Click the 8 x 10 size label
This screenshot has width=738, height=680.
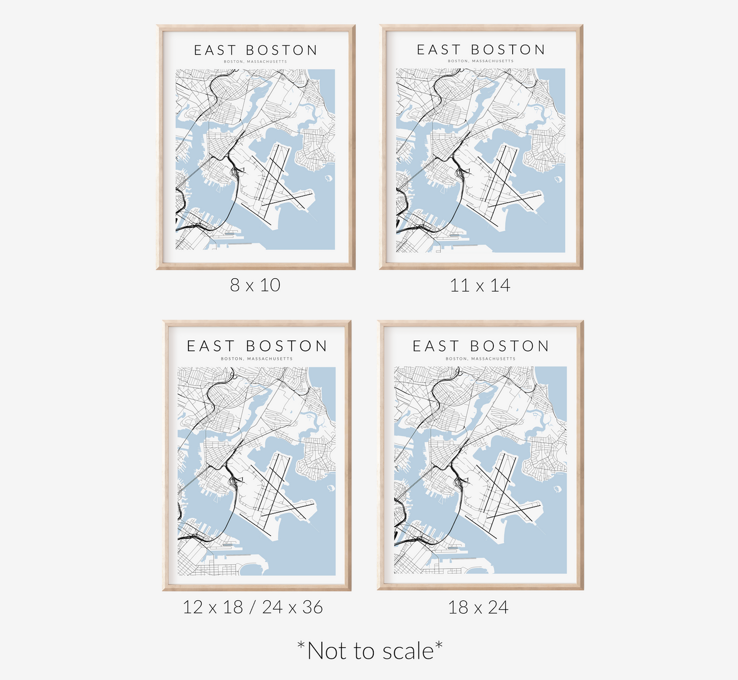point(255,285)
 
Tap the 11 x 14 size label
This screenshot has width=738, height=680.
point(480,285)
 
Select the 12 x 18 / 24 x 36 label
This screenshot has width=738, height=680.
point(253,607)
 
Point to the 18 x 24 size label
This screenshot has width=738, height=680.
point(478,607)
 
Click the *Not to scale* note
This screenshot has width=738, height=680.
point(370,651)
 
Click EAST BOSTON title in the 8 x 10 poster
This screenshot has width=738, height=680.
point(256,50)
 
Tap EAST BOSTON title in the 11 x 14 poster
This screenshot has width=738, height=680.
point(481,50)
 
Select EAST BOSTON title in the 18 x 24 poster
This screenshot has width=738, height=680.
point(481,346)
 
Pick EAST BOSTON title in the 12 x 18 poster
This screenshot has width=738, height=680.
point(257,346)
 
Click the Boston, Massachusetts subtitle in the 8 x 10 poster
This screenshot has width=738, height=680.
point(255,62)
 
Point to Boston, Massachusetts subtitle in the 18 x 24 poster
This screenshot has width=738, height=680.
point(481,359)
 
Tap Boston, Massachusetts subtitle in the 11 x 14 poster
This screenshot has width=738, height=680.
point(481,61)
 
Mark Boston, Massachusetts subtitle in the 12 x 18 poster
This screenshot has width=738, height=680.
point(257,359)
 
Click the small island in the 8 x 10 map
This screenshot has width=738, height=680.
point(328,178)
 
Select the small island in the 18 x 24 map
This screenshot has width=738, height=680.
point(557,489)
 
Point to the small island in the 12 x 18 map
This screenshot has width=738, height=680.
point(330,488)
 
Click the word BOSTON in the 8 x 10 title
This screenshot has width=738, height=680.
point(281,50)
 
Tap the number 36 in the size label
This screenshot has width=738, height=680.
point(312,607)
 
